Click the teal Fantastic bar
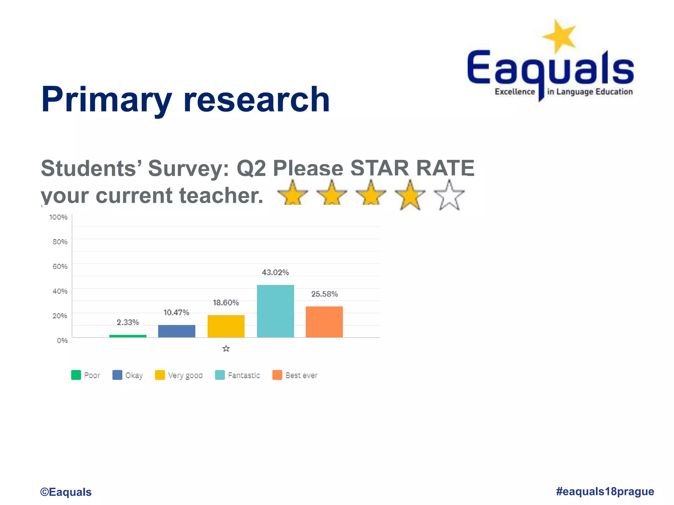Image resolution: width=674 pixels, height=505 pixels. tap(275, 311)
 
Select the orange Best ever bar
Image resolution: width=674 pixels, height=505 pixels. tap(324, 322)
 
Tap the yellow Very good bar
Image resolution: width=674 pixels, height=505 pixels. tap(226, 326)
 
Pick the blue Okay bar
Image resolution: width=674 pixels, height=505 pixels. tap(176, 331)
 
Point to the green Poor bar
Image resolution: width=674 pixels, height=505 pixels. tap(128, 336)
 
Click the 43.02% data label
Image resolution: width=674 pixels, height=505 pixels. tap(275, 272)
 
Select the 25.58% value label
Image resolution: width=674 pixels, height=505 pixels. tap(324, 294)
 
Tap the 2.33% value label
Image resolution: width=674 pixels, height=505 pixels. tap(128, 322)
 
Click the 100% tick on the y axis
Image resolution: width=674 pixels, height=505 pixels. tap(58, 217)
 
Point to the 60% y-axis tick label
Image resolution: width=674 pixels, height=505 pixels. tap(60, 266)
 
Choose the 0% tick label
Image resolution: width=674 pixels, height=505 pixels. tap(62, 340)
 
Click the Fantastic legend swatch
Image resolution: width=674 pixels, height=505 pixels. tap(220, 375)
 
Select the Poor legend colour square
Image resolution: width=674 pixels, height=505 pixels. tap(76, 375)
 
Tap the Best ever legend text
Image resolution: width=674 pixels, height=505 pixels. tap(301, 375)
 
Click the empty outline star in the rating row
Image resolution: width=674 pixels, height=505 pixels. tap(449, 196)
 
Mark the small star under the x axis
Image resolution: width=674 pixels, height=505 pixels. tap(226, 349)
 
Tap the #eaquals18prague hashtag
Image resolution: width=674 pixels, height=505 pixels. tap(605, 491)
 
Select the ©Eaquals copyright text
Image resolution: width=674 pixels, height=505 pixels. tap(66, 492)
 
